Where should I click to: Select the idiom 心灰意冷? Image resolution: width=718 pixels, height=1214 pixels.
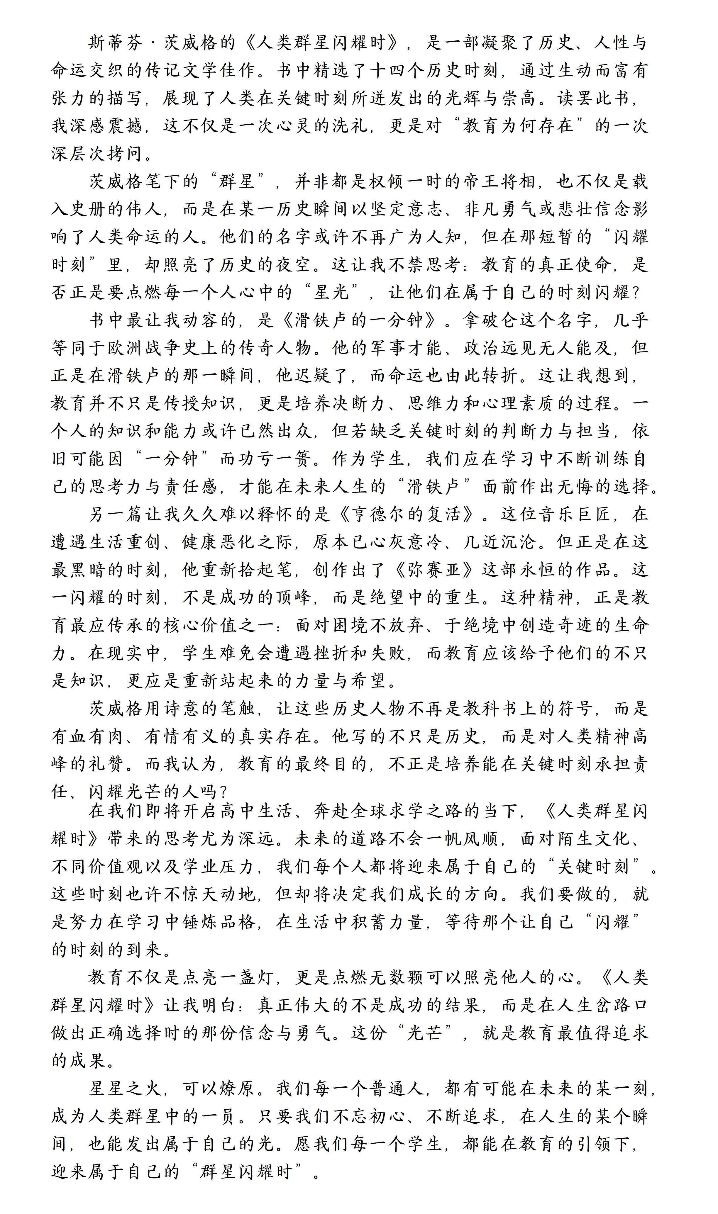(x=397, y=542)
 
